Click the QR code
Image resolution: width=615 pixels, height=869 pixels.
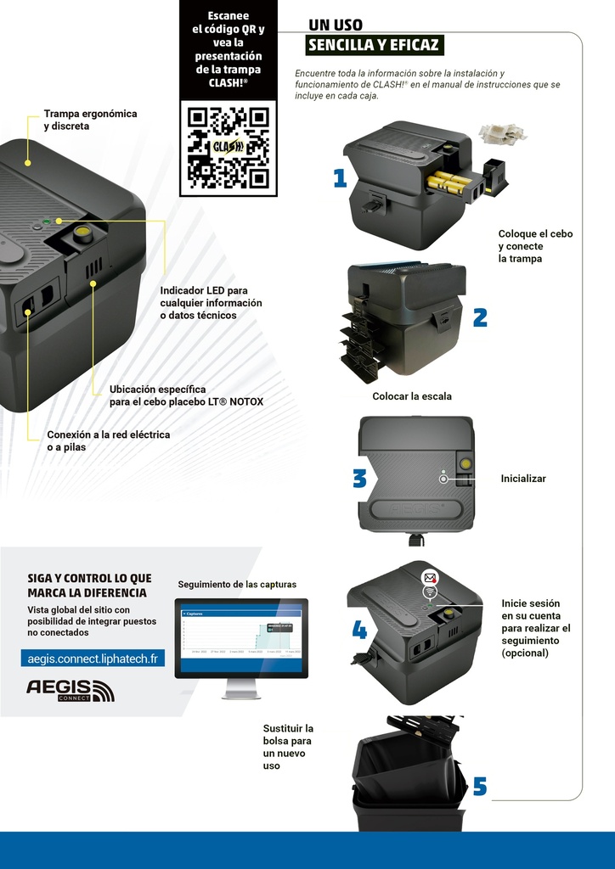pos(228,147)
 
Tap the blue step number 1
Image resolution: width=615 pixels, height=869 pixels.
pos(341,178)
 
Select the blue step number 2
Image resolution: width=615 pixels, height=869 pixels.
pos(480,317)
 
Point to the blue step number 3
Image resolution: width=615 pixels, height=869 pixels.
pos(359,479)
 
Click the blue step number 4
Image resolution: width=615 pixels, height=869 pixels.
pos(359,630)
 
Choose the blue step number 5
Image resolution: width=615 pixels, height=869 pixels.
pos(480,788)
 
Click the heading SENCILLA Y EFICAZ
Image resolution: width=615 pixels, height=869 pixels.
pos(374,45)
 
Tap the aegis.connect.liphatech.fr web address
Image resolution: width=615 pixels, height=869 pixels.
pos(93,659)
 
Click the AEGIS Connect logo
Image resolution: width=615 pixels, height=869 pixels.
pos(70,690)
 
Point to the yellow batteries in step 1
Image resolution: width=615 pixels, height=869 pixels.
pos(449,181)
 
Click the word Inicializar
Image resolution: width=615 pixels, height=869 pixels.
pos(523,479)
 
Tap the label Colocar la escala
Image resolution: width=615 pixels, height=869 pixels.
pos(412,396)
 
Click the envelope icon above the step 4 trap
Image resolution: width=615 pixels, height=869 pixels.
pos(430,577)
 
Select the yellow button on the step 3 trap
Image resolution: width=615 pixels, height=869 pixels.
pos(465,463)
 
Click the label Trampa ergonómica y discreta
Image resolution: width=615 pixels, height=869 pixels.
pos(90,120)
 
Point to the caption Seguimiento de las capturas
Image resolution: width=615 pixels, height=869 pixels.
pos(237,585)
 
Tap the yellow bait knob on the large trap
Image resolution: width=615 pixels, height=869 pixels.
pos(82,234)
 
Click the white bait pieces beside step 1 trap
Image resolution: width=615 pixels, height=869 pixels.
pos(501,133)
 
